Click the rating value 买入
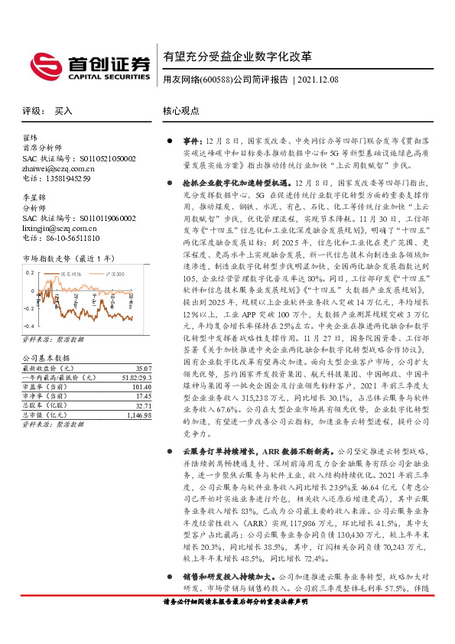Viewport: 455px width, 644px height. click(63, 111)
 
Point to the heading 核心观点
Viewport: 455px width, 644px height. click(181, 111)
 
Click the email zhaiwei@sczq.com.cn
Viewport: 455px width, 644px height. click(56, 168)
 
